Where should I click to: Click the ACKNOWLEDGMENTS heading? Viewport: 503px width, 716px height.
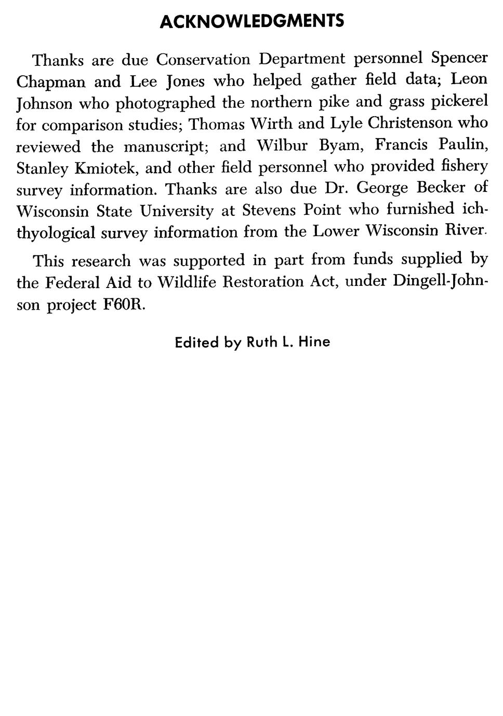click(x=251, y=21)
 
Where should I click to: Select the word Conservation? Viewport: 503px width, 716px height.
click(x=203, y=60)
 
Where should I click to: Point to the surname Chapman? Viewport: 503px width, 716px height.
click(x=50, y=82)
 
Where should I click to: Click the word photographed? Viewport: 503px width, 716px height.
click(x=165, y=103)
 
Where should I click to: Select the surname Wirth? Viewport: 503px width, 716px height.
click(x=271, y=123)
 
